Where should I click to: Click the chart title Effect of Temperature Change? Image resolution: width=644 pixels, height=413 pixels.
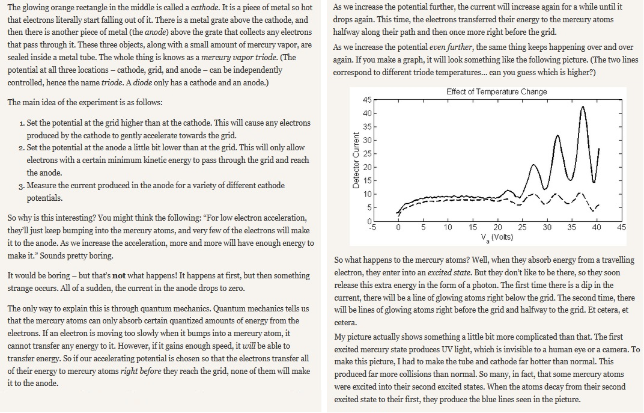coord(496,91)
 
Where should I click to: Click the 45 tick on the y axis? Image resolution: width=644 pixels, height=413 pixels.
coord(367,100)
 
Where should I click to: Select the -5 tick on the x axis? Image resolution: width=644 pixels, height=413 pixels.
coord(372,228)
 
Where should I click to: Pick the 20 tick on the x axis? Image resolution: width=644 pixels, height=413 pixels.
coord(497,228)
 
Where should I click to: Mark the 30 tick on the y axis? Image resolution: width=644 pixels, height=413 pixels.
coord(367,140)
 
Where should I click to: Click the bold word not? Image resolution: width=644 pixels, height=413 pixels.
coord(119,276)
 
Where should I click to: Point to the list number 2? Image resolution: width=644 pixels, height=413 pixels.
coord(22,148)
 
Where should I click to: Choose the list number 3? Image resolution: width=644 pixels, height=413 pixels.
coord(22,186)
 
